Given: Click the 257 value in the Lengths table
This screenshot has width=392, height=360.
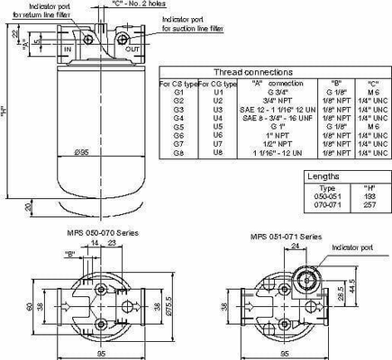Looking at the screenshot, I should (369, 204).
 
